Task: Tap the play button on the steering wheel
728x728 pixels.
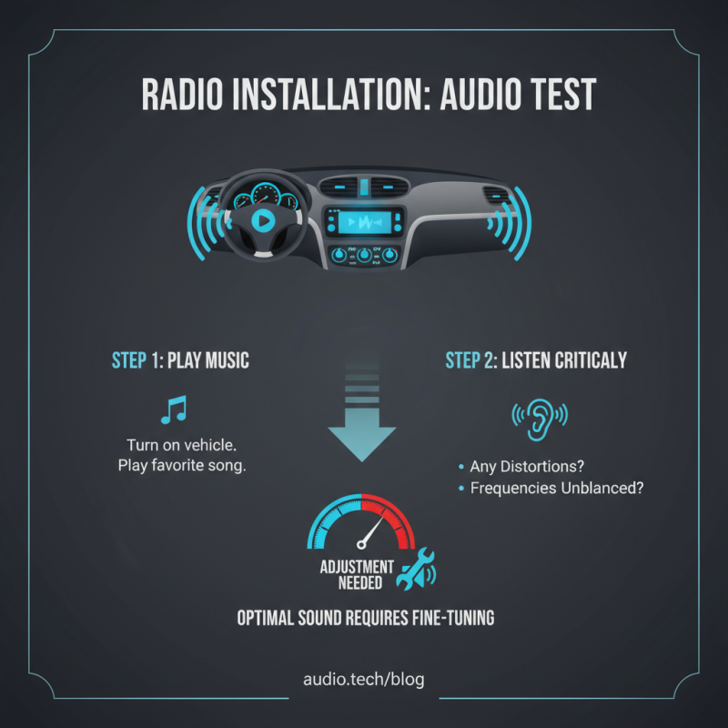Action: click(x=262, y=219)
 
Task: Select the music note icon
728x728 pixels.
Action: click(x=173, y=410)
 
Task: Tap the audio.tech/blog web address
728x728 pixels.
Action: click(x=363, y=679)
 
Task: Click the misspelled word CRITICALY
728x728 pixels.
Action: click(x=581, y=360)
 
